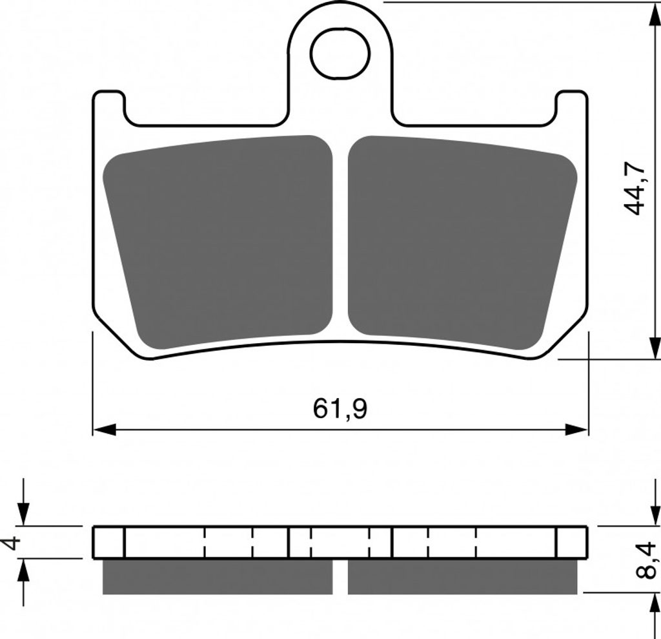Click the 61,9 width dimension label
click(340, 409)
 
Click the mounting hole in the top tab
click(340, 54)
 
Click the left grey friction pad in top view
click(218, 242)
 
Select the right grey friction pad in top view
click(462, 242)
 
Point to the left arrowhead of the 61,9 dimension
click(104, 430)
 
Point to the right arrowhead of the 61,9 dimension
click(576, 430)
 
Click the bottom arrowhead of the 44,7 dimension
click(655, 348)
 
